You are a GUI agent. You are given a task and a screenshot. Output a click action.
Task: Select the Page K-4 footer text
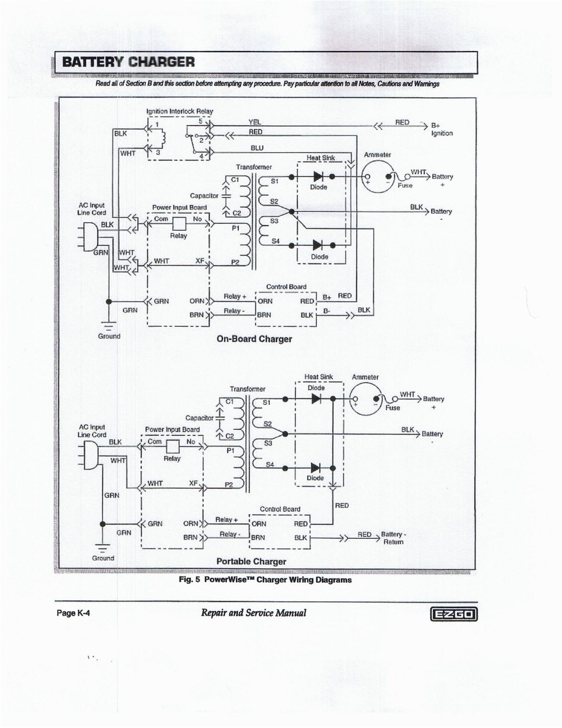(73, 613)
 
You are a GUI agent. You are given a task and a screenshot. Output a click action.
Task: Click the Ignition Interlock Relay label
(179, 111)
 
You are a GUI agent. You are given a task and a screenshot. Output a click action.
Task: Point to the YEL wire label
(255, 122)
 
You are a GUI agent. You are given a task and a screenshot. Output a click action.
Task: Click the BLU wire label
(257, 148)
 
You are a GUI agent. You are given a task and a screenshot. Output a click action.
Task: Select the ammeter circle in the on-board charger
(377, 176)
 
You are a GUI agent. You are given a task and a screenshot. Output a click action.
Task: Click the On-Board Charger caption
(254, 339)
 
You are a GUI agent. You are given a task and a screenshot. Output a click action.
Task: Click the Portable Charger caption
(251, 562)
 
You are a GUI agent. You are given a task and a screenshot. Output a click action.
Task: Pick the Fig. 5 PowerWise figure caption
(265, 580)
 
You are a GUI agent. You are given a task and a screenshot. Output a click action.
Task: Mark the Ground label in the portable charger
(103, 558)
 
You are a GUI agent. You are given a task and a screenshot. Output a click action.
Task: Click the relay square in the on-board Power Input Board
(179, 224)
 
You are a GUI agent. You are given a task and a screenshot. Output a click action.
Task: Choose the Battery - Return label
(393, 538)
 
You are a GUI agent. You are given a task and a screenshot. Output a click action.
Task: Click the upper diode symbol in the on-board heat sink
(318, 176)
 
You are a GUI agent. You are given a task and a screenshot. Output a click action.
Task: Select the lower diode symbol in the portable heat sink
(316, 468)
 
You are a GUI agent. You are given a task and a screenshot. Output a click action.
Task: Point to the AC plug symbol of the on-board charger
(89, 237)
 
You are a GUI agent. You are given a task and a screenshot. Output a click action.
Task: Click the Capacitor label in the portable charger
(199, 418)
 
